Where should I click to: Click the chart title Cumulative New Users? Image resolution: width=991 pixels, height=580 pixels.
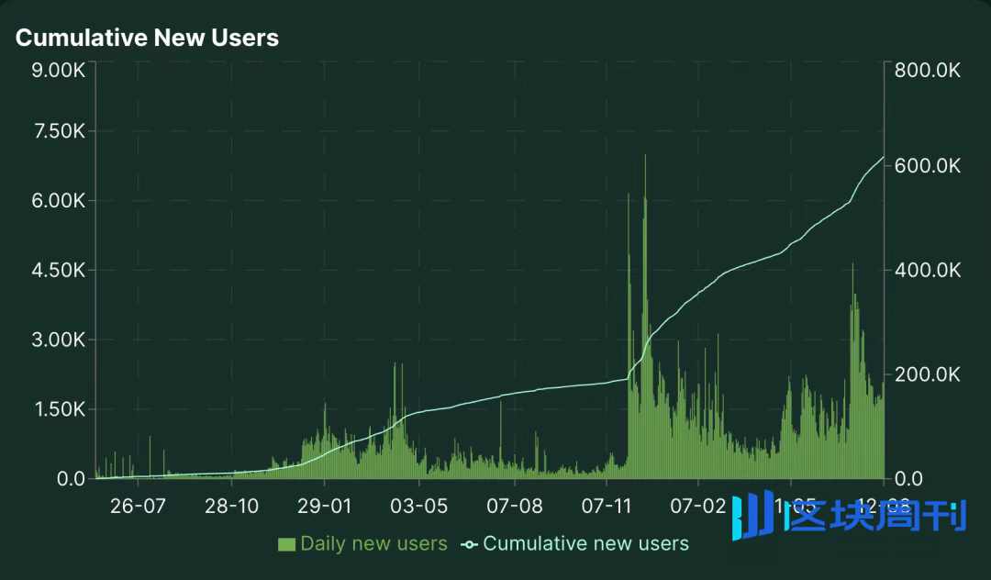pyautogui.click(x=147, y=38)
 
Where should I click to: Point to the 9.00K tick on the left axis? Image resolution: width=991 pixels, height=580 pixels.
pyautogui.click(x=57, y=71)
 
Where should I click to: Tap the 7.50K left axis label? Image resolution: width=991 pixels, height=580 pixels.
pyautogui.click(x=57, y=131)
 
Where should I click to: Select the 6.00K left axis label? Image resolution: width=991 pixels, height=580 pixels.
pyautogui.click(x=57, y=201)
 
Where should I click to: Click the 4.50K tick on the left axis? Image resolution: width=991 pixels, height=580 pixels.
pyautogui.click(x=57, y=271)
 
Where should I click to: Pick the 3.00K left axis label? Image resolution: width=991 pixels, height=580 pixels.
pyautogui.click(x=57, y=340)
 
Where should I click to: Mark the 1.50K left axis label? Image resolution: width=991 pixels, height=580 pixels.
pyautogui.click(x=57, y=409)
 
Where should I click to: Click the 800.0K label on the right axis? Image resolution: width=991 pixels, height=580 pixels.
pyautogui.click(x=928, y=71)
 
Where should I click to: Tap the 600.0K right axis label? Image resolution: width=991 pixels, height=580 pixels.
pyautogui.click(x=928, y=166)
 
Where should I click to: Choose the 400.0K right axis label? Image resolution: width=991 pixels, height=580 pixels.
pyautogui.click(x=928, y=271)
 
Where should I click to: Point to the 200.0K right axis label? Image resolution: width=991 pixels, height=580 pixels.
pyautogui.click(x=928, y=374)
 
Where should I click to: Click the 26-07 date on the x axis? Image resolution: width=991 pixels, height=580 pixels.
pyautogui.click(x=137, y=506)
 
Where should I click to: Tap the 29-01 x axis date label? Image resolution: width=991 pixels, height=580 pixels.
pyautogui.click(x=324, y=506)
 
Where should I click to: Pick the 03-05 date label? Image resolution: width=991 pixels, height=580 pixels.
pyautogui.click(x=419, y=506)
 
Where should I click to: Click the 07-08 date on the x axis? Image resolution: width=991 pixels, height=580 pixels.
pyautogui.click(x=514, y=506)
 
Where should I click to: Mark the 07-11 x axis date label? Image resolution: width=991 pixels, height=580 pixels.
pyautogui.click(x=607, y=506)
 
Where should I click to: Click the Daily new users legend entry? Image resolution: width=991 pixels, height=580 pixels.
pyautogui.click(x=362, y=544)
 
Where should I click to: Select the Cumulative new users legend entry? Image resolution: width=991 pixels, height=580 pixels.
pyautogui.click(x=575, y=544)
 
